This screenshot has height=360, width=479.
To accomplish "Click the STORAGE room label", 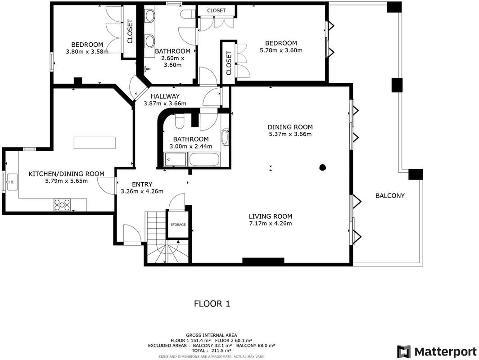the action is [178, 225].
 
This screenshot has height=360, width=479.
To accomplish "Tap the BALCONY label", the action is [390, 196].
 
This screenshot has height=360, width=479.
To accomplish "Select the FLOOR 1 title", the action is [212, 303].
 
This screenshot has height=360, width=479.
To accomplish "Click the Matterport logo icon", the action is [404, 352].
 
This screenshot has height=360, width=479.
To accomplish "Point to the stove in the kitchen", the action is [62, 205].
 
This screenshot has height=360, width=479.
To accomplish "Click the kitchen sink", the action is [12, 182].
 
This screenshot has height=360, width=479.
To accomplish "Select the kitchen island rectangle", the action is [95, 143].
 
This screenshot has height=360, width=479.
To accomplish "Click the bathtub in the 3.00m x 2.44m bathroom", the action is [204, 160].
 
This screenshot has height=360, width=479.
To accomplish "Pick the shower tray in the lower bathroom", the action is [176, 160].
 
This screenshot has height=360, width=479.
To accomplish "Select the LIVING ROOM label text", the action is [271, 216].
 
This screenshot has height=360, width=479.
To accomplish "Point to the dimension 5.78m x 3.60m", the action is [281, 50].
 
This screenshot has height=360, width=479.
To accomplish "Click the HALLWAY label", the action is [165, 96].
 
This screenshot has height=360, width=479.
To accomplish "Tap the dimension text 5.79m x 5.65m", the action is [66, 181].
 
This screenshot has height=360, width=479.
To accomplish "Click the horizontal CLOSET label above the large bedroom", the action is [216, 10].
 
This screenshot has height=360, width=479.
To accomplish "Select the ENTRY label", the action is [142, 184].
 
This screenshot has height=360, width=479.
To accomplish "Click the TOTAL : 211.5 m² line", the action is [212, 351].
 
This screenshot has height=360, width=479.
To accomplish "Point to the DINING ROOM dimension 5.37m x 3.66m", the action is [290, 134].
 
